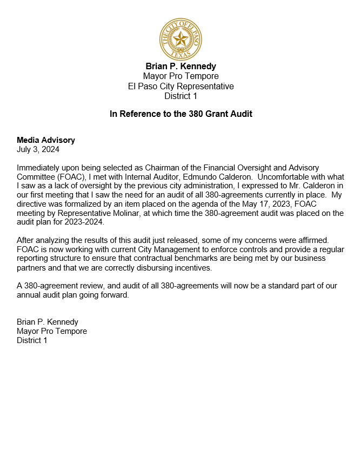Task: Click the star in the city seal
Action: point(181,38)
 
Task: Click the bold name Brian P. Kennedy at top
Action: point(181,67)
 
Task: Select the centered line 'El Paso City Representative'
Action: point(181,87)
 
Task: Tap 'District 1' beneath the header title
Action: point(181,96)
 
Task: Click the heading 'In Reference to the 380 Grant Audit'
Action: point(181,114)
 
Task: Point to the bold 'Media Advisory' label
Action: point(46,140)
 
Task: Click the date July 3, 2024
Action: point(38,149)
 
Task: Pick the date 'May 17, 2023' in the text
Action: point(246,204)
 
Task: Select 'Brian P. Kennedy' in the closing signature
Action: point(48,322)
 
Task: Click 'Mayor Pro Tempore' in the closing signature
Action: point(52,331)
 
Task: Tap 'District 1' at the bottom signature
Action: point(32,340)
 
